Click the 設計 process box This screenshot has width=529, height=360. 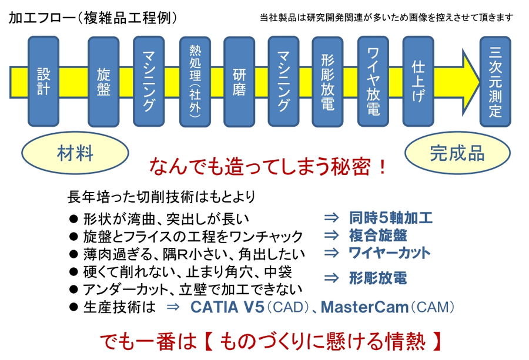pyautogui.click(x=43, y=82)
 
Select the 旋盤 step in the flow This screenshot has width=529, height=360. pyautogui.click(x=103, y=82)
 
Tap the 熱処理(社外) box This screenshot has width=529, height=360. pyautogui.click(x=195, y=82)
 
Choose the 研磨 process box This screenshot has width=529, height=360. pyautogui.click(x=239, y=82)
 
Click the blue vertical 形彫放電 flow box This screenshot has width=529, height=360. pyautogui.click(x=327, y=82)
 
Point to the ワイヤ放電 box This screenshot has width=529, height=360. pyautogui.click(x=373, y=82)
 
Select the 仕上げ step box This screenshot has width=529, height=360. pyautogui.click(x=418, y=82)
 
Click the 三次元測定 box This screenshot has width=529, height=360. pyautogui.click(x=495, y=82)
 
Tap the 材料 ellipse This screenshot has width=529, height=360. pyautogui.click(x=75, y=153)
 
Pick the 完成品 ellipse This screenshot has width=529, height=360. pyautogui.click(x=457, y=153)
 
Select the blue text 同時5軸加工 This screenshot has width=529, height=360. pyautogui.click(x=391, y=218)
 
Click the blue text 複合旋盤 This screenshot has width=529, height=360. pyautogui.click(x=378, y=235)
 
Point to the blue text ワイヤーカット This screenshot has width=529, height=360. pyautogui.click(x=390, y=253)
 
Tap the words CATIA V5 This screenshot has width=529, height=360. pyautogui.click(x=227, y=307)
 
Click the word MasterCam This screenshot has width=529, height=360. pyautogui.click(x=364, y=307)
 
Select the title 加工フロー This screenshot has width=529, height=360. pyautogui.click(x=42, y=18)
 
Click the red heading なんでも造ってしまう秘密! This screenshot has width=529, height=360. pyautogui.click(x=268, y=167)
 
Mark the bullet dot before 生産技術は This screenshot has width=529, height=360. pyautogui.click(x=73, y=307)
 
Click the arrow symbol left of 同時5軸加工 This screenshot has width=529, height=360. pyautogui.click(x=332, y=218)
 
